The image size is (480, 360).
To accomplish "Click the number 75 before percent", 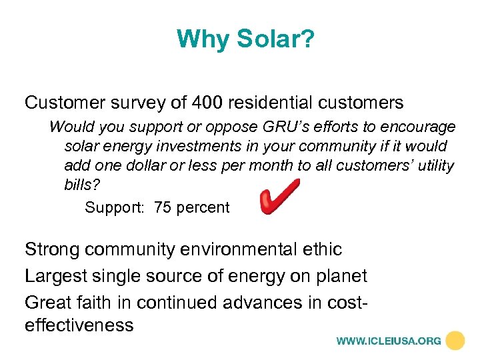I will [x=162, y=207].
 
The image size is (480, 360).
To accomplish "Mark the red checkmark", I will [x=279, y=197].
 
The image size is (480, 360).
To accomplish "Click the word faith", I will [x=103, y=303].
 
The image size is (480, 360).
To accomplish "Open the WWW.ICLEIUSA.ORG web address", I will [x=389, y=341].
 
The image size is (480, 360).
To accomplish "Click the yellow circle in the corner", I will [x=455, y=341].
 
